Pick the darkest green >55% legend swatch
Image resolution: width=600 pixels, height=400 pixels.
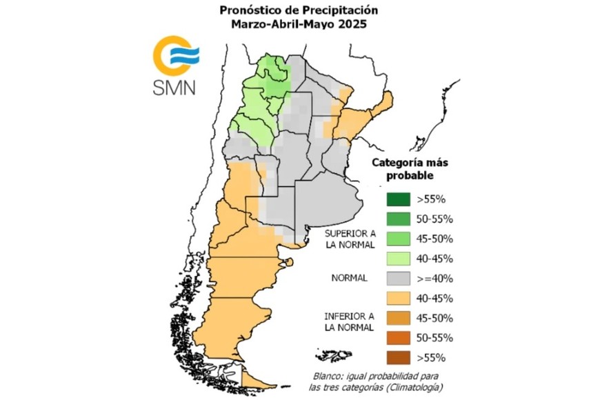point(398,199)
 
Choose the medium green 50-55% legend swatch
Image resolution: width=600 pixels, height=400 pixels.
point(398,219)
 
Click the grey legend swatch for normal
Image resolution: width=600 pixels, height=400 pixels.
point(398,279)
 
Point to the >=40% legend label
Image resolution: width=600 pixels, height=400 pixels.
point(431,279)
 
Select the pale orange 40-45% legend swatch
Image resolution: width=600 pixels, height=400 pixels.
point(398,298)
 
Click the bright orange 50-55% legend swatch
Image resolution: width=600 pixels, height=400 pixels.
point(398,338)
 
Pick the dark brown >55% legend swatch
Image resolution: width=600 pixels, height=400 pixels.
point(398,357)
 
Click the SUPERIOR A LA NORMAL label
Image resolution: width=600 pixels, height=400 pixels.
point(350,239)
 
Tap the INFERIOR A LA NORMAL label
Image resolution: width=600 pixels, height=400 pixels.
point(350,321)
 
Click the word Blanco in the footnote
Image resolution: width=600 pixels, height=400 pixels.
point(326,375)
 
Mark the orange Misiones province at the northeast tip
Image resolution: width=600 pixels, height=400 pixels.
point(382,104)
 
